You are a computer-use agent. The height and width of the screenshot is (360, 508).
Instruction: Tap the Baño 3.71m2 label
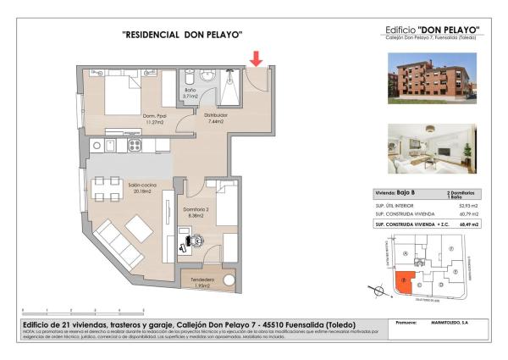coord(190,93)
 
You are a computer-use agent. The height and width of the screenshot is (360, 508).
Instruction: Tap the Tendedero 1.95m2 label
coord(202,283)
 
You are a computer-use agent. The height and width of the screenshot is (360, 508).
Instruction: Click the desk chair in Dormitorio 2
coord(199,240)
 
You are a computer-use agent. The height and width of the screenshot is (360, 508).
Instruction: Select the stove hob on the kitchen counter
coord(135,146)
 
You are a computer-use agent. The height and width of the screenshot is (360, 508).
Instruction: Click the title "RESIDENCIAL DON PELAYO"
coord(182,35)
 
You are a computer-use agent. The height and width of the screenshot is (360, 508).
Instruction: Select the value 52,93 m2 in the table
coord(467,204)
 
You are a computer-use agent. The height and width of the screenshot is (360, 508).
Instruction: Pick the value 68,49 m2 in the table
coord(467,224)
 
